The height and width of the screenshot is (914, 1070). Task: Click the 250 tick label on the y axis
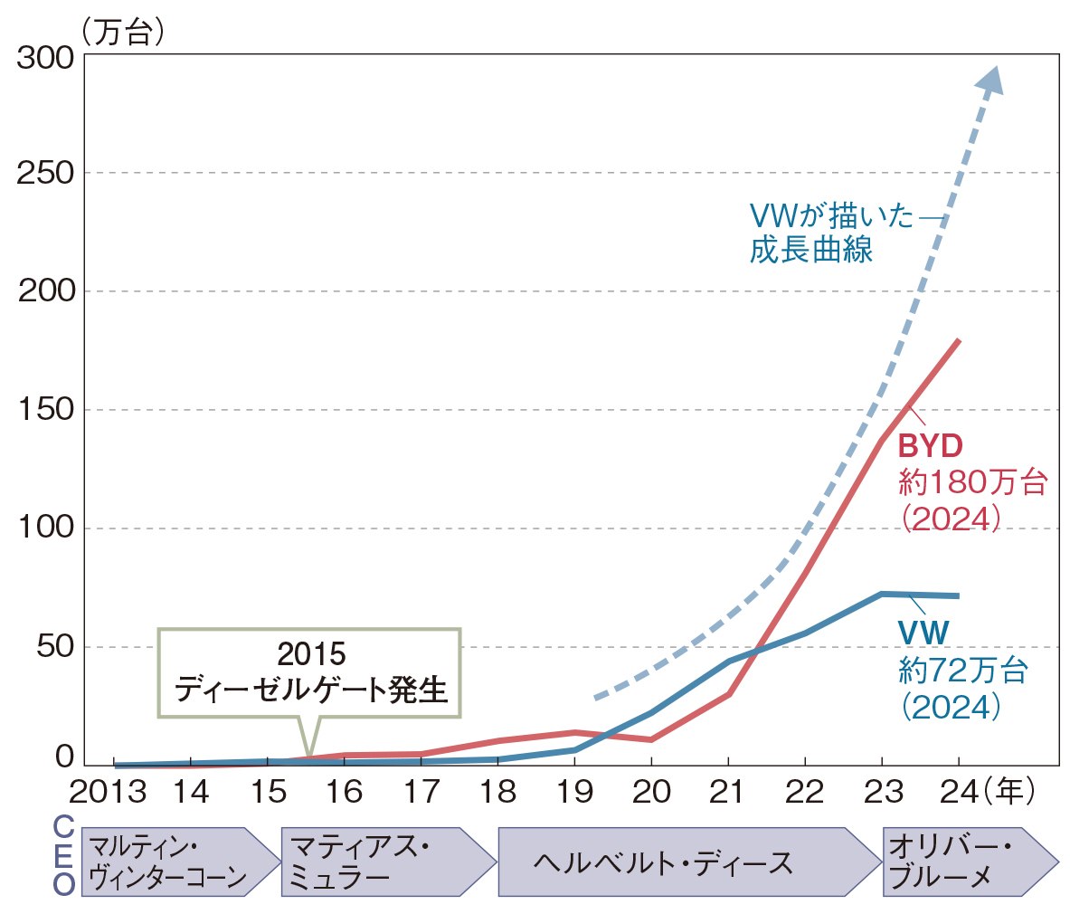pyautogui.click(x=45, y=173)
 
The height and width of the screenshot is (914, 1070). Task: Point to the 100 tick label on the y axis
pyautogui.click(x=45, y=528)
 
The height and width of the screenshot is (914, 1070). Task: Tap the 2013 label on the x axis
pyautogui.click(x=108, y=793)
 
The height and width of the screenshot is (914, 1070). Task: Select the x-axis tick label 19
pyautogui.click(x=574, y=793)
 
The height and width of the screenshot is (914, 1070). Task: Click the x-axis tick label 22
pyautogui.click(x=805, y=793)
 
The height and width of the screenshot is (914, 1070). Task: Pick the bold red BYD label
pyautogui.click(x=930, y=446)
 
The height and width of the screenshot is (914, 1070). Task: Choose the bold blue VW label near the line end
pyautogui.click(x=923, y=633)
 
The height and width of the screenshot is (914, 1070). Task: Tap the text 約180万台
pyautogui.click(x=972, y=481)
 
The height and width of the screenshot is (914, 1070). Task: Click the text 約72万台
pyautogui.click(x=963, y=671)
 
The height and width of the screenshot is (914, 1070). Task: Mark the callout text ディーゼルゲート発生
pyautogui.click(x=310, y=690)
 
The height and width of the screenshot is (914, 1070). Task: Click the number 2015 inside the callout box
pyautogui.click(x=311, y=653)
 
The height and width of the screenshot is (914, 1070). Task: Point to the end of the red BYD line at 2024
pyautogui.click(x=958, y=341)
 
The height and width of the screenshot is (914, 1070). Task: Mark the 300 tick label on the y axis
pyautogui.click(x=45, y=57)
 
